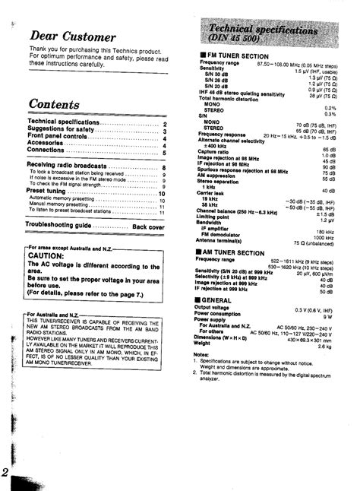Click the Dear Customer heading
point(72,36)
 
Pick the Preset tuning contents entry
point(52,193)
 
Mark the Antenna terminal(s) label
point(228,242)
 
